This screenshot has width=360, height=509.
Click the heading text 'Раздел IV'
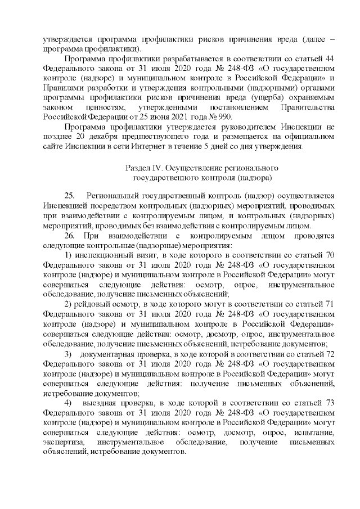coord(142,168)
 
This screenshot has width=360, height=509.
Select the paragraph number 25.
coord(69,195)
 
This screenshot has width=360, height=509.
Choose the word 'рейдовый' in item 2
coord(93,304)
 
